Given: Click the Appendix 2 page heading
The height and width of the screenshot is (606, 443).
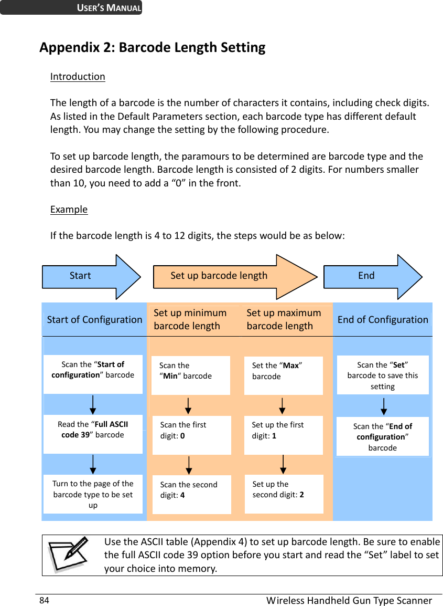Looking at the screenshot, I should (152, 48).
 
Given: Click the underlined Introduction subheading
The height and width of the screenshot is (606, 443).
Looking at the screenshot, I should (78, 77).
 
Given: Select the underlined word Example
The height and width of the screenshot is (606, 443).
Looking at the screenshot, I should (69, 210).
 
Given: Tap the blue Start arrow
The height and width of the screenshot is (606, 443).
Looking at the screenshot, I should (89, 276).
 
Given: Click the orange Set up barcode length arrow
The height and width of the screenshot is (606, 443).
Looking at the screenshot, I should (231, 276).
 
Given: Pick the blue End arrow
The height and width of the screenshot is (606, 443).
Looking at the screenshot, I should (370, 276).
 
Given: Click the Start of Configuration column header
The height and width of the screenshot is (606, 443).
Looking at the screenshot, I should (94, 319).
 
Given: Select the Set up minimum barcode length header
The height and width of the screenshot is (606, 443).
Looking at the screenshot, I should (190, 319).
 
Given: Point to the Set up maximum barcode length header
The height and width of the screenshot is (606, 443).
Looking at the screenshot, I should (284, 319).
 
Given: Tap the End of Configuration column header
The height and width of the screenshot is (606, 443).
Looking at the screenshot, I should (383, 319).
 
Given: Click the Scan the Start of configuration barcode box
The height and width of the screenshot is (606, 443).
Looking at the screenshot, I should (93, 374).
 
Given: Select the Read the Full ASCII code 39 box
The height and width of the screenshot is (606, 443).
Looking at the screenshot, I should (93, 434).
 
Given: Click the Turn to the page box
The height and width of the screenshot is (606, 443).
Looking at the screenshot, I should (93, 494).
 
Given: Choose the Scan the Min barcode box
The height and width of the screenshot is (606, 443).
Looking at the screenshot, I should (190, 375).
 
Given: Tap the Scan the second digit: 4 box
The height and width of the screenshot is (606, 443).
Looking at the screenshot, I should (191, 494).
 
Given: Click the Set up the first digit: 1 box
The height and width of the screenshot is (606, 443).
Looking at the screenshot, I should (283, 435).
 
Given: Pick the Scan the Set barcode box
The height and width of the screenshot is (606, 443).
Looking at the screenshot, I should (383, 375).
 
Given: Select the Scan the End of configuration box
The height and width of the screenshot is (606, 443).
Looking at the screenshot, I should (383, 436).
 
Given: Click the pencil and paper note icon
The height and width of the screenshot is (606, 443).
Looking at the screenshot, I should (68, 555).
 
